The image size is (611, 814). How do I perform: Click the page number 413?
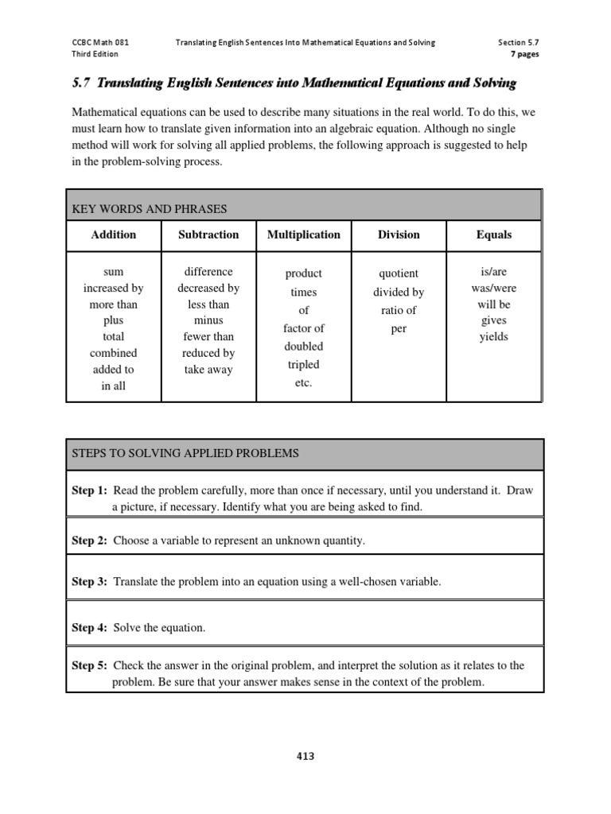pos(305,756)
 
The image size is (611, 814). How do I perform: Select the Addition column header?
pos(114,235)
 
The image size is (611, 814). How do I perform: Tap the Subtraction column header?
pos(208,235)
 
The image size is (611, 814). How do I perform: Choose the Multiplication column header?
pos(303,235)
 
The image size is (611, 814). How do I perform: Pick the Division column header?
pos(399,235)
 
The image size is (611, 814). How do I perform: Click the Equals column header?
pos(493,235)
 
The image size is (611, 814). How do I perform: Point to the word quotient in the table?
pos(399,273)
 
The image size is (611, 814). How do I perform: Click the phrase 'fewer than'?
pos(208,336)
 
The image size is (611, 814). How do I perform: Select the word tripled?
pos(303,365)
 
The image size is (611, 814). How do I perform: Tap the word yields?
pos(493,336)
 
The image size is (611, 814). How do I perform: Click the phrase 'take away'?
pos(208,370)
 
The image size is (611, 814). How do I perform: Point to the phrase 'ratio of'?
pos(399,310)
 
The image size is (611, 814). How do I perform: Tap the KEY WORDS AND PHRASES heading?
pos(149,209)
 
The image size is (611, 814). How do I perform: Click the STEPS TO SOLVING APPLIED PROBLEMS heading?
pos(185,453)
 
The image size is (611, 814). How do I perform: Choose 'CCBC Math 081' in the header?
pos(99,42)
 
